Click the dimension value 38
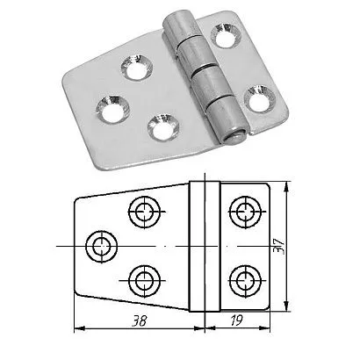point(140,321)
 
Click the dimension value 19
point(236,320)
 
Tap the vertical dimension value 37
point(278,246)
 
